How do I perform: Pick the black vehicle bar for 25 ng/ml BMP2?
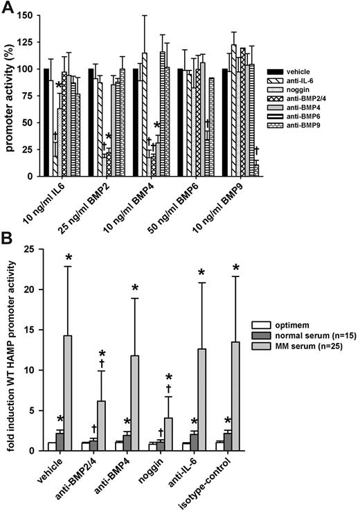pyautogui.click(x=91, y=122)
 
